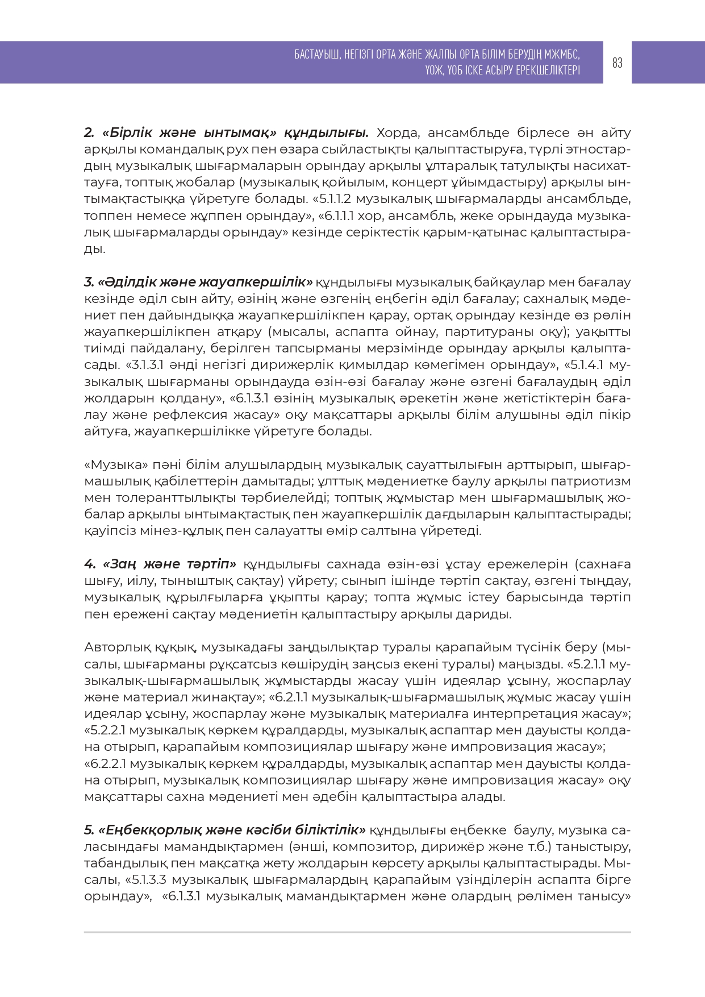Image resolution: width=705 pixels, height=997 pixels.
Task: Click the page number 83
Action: point(618,63)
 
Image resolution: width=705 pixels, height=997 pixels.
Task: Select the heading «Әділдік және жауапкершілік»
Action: point(198,283)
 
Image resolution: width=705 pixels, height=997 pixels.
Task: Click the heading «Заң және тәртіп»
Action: point(161,564)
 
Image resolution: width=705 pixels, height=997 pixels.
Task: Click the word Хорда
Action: point(398,133)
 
